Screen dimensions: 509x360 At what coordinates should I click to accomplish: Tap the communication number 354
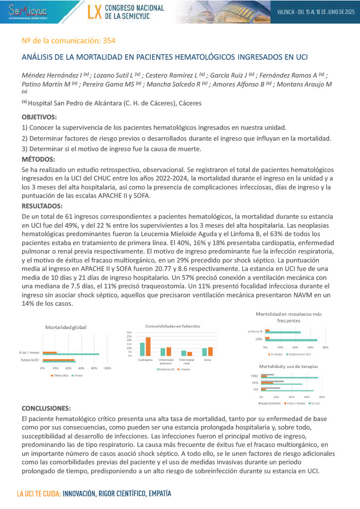click(x=109, y=40)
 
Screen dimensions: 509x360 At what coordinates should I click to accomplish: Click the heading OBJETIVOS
click(x=39, y=117)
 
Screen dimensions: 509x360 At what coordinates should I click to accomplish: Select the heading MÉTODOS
click(x=38, y=159)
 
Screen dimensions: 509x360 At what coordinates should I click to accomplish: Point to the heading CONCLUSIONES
click(x=46, y=408)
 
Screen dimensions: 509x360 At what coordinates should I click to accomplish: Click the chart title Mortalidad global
click(x=66, y=327)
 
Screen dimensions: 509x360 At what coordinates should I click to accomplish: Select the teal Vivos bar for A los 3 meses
click(x=78, y=354)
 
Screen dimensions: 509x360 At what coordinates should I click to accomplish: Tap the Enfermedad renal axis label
click(x=186, y=361)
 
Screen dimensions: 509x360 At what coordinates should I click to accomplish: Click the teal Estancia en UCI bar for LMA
click(x=293, y=340)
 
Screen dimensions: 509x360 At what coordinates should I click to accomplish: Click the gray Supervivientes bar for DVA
click(x=274, y=381)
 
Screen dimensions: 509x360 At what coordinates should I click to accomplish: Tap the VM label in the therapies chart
click(x=256, y=390)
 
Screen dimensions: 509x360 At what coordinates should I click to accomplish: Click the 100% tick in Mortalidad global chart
click(x=107, y=368)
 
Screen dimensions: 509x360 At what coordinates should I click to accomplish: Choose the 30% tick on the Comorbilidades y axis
click(x=129, y=332)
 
